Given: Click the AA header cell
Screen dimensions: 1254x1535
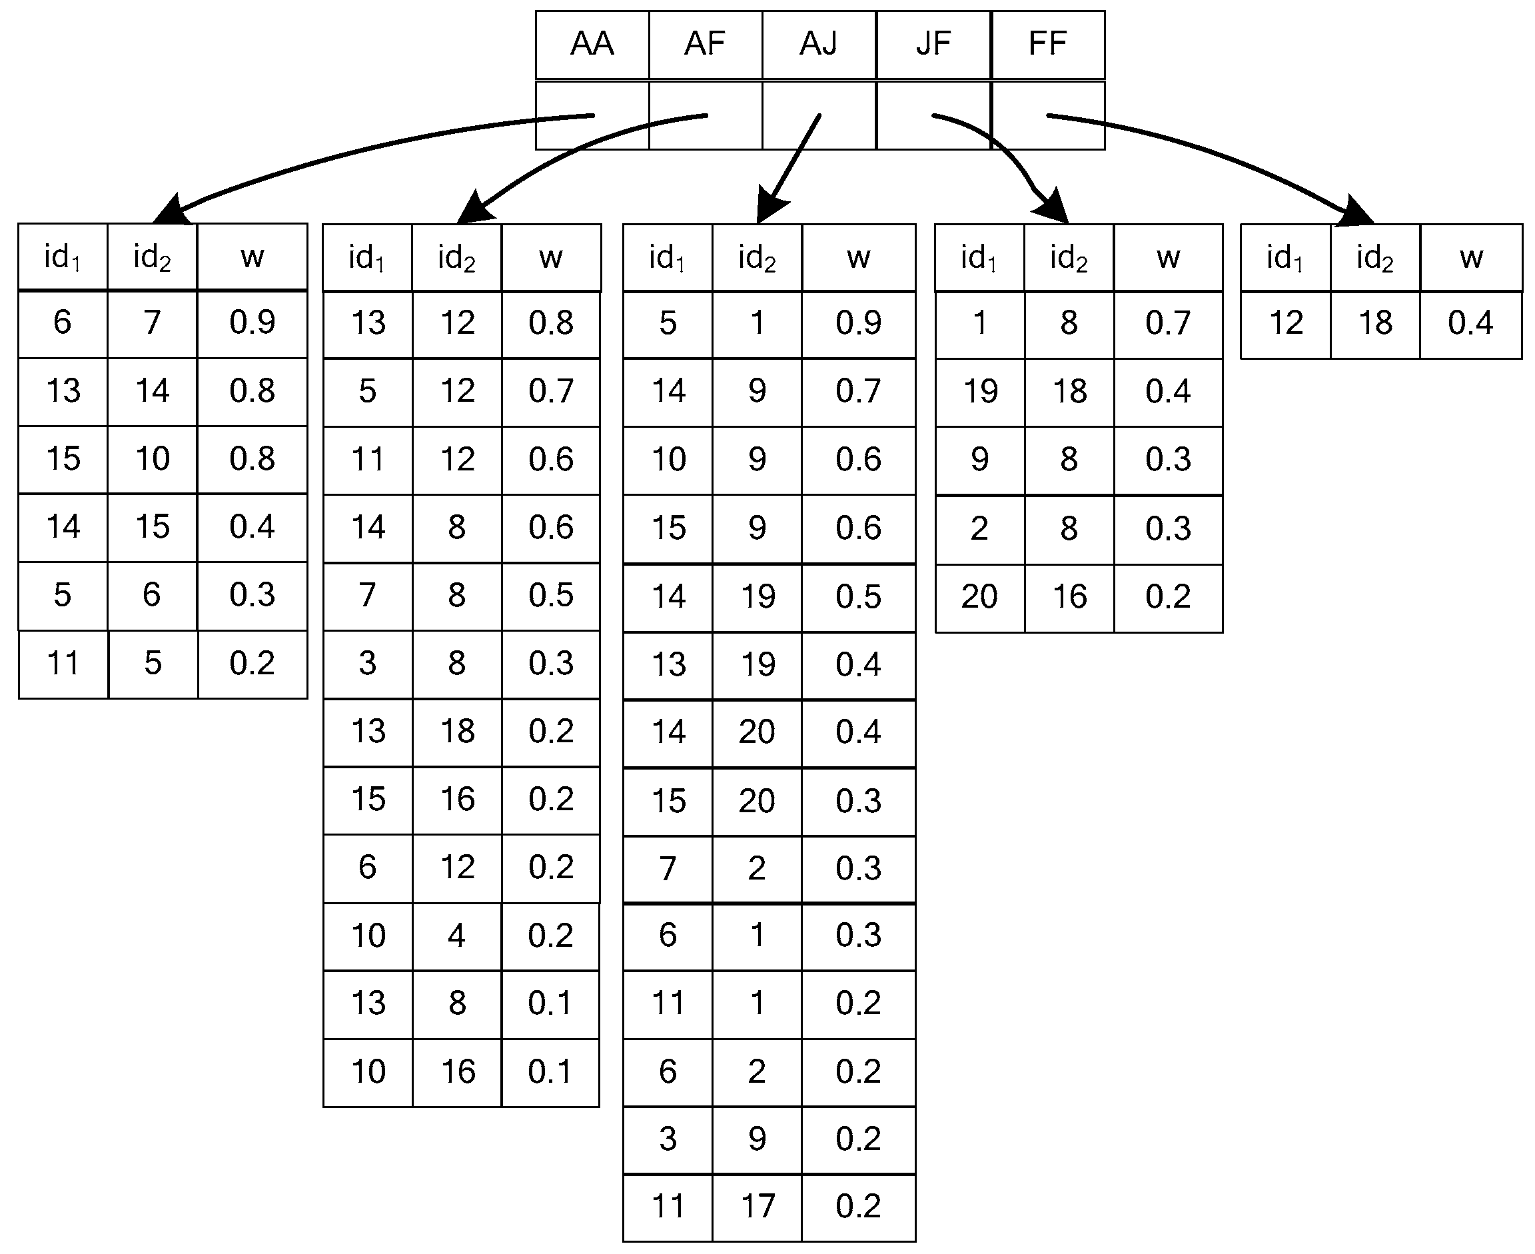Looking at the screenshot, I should point(592,44).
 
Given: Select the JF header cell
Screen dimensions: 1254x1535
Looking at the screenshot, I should point(933,44).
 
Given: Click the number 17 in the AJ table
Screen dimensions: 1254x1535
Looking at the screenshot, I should point(757,1205).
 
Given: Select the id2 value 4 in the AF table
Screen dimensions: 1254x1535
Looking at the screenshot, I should point(456,936).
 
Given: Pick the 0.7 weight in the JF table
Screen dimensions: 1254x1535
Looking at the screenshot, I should point(1167,323).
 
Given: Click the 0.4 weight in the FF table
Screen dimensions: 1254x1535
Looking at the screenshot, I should point(1470,323).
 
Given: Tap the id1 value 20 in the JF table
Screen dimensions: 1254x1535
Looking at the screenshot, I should point(979,596).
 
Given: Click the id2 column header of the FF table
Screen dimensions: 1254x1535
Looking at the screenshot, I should point(1374,257).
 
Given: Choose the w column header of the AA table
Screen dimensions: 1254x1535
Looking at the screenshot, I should point(252,257).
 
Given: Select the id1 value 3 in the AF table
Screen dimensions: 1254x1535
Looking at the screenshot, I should point(367,663).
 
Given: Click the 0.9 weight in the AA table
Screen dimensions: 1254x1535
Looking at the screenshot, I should point(252,322).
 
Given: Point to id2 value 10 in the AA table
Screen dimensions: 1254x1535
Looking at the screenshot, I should point(153,458).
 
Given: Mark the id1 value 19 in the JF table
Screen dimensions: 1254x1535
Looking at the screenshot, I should point(979,390).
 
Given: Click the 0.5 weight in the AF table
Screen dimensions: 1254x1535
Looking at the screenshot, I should point(550,595).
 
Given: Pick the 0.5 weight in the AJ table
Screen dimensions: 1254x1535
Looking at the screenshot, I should point(858,596).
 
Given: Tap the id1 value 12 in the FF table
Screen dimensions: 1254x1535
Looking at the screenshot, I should point(1286,323).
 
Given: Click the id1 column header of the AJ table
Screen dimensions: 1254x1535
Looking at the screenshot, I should point(668,257).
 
